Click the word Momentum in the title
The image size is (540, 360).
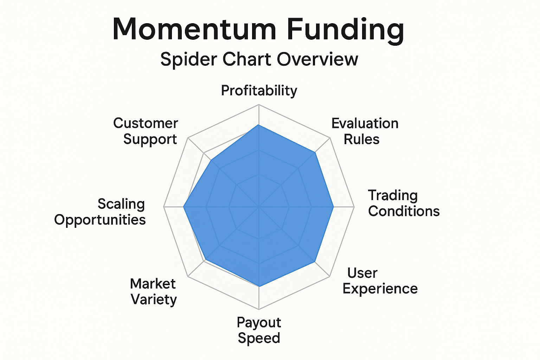(x=194, y=29)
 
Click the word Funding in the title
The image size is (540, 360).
(x=345, y=31)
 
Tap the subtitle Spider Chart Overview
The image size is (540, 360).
(x=259, y=59)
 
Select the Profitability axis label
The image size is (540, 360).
(x=259, y=91)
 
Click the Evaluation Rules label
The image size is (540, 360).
(x=365, y=131)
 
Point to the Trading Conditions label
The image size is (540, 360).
(x=404, y=203)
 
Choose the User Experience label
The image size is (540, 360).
(x=380, y=281)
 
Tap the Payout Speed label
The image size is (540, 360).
(x=259, y=330)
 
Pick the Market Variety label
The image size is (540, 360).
(x=154, y=291)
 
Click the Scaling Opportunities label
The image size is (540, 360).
(x=100, y=212)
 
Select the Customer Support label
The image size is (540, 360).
(x=146, y=131)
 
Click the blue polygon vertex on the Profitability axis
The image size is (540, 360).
(x=259, y=125)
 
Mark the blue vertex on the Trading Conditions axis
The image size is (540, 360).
(x=334, y=207)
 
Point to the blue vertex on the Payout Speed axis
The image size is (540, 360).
(x=259, y=287)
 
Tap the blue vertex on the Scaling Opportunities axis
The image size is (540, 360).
(x=184, y=207)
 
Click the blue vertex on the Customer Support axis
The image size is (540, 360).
(x=211, y=160)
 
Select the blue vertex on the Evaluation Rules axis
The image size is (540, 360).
(x=315, y=152)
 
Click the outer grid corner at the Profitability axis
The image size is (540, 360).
(x=259, y=105)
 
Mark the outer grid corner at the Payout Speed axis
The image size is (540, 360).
(x=259, y=309)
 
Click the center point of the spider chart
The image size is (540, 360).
(x=259, y=207)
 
